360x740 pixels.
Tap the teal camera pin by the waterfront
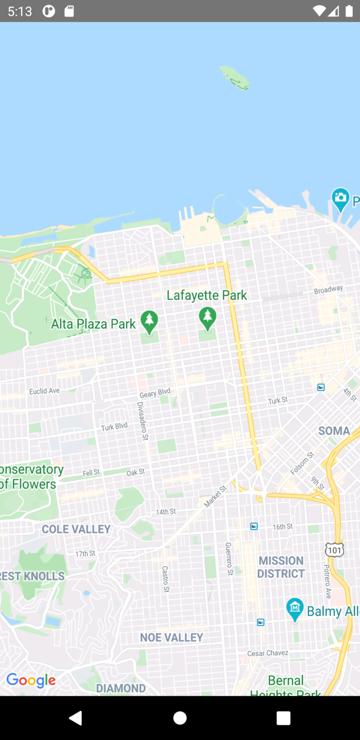[340, 198]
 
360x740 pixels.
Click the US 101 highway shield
[334, 550]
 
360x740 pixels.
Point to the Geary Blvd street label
[155, 393]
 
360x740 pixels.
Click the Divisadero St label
[143, 421]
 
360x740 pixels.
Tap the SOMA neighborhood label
[334, 431]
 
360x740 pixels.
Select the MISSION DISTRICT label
[281, 567]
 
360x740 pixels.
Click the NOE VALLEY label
[172, 637]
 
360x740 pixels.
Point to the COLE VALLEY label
[76, 529]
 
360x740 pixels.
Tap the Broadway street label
[328, 290]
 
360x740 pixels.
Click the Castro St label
[165, 579]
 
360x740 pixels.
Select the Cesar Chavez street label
[267, 653]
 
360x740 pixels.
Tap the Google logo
[31, 680]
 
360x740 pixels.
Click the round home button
[180, 718]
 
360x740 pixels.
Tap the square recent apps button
[283, 718]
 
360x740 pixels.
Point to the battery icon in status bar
[349, 11]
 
